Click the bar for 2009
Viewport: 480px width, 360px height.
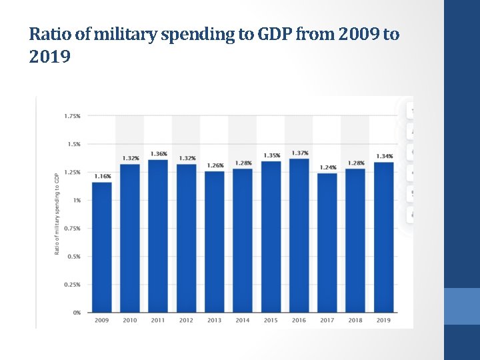click(102, 247)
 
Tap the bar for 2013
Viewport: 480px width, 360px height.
click(215, 242)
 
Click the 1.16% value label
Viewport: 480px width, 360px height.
click(102, 176)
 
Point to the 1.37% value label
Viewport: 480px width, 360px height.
click(299, 153)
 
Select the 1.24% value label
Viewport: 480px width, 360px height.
click(327, 167)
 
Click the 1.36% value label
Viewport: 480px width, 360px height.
click(159, 154)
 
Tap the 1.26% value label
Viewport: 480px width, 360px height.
click(215, 165)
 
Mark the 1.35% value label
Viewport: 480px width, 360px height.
click(271, 155)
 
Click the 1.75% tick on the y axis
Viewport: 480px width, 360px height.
click(72, 116)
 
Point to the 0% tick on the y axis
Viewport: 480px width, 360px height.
click(77, 312)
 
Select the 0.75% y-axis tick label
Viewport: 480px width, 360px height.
click(72, 228)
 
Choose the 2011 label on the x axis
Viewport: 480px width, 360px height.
click(158, 321)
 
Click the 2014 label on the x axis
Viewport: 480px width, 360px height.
click(243, 321)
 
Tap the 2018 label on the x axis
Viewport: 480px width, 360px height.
click(355, 321)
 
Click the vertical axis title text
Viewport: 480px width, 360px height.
click(57, 213)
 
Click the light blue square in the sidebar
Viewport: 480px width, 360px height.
click(461, 306)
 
